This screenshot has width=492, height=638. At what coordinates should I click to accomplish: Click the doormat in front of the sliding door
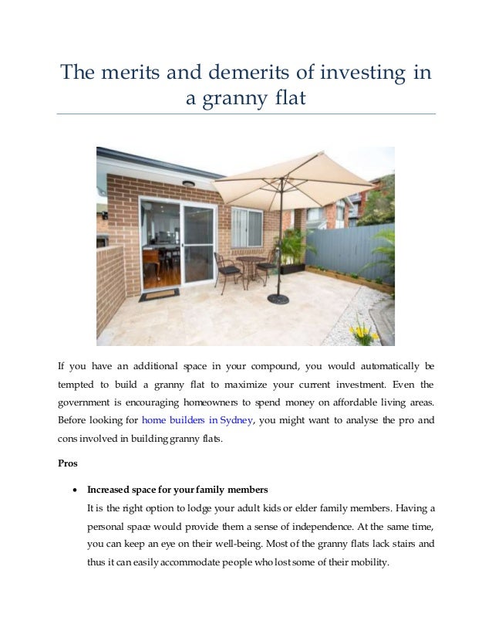coord(160,294)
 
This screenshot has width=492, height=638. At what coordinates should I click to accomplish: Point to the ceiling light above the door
coord(188,184)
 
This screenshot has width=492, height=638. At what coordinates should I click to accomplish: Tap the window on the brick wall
coord(246,227)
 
